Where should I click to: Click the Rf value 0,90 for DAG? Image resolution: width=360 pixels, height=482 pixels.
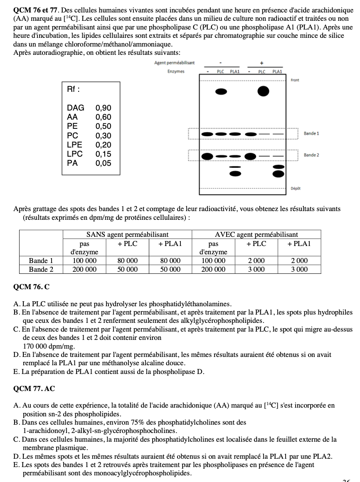click(x=103, y=108)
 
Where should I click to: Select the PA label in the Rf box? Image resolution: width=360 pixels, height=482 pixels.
click(x=72, y=163)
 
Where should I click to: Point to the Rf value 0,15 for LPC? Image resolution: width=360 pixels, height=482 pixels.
click(x=103, y=154)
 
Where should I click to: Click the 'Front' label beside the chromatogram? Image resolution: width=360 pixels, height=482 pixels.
click(x=295, y=80)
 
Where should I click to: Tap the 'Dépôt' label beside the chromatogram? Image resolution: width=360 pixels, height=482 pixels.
click(x=296, y=188)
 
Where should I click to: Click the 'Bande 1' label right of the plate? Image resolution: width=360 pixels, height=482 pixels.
click(x=311, y=134)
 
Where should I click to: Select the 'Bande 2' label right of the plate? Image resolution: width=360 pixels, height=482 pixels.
click(x=311, y=155)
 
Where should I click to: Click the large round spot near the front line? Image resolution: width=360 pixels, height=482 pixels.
click(x=263, y=91)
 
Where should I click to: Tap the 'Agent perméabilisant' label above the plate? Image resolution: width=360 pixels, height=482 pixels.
click(x=174, y=63)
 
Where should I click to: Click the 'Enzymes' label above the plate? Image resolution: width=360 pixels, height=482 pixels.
click(x=176, y=71)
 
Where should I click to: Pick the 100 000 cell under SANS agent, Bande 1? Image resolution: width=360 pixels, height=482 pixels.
click(x=84, y=261)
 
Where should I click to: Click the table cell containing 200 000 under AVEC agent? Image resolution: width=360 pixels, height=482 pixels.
click(x=213, y=269)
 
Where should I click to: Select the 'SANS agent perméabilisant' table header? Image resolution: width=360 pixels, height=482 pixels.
click(x=127, y=235)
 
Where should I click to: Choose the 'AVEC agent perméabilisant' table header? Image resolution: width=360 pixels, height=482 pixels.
click(x=256, y=235)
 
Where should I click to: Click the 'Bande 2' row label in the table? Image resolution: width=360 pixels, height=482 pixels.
click(x=41, y=269)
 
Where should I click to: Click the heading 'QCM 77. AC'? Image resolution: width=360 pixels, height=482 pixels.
click(x=34, y=389)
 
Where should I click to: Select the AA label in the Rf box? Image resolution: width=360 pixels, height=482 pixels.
click(x=72, y=117)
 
